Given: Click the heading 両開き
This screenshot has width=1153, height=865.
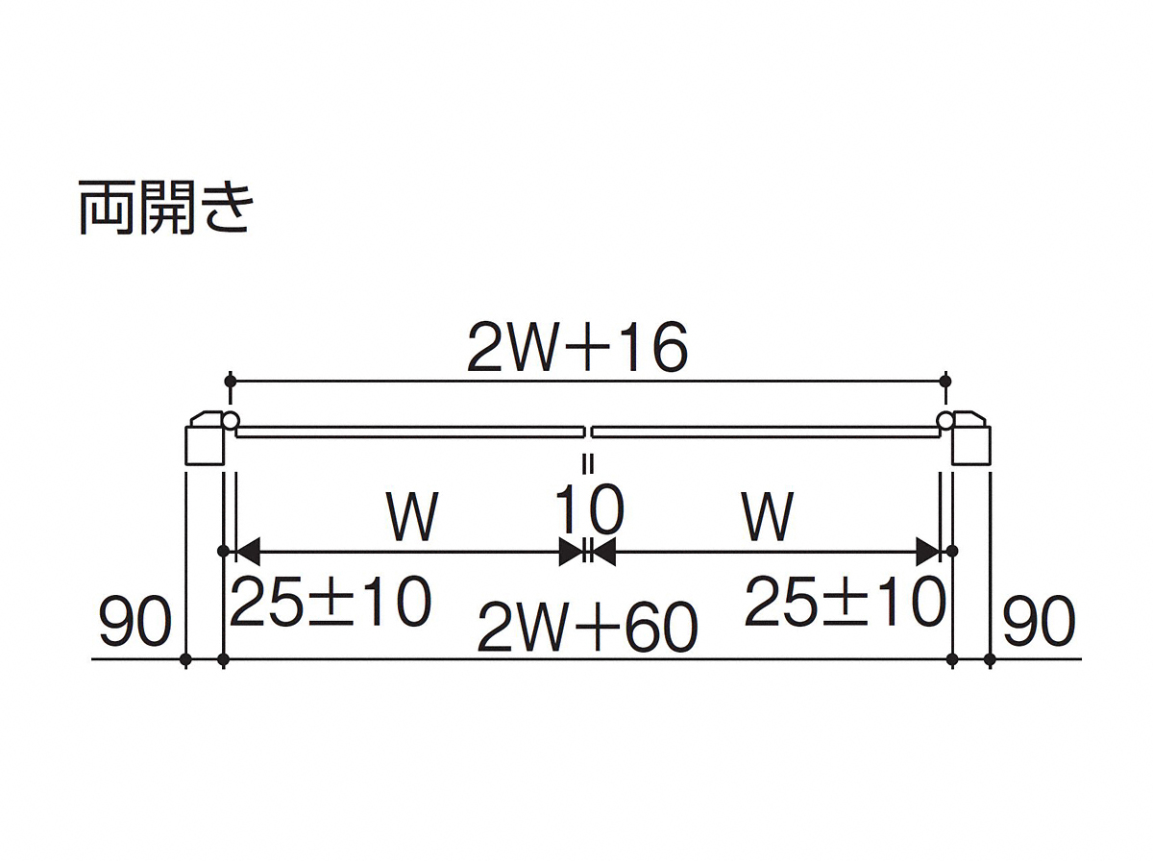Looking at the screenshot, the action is [x=165, y=208].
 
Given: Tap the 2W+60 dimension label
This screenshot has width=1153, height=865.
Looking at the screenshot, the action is [x=587, y=627].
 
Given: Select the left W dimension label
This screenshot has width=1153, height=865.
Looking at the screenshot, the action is [x=413, y=516].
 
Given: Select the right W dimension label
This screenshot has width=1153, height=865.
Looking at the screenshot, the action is [x=768, y=516].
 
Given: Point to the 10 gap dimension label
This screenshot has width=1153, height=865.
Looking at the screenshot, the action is [x=589, y=509].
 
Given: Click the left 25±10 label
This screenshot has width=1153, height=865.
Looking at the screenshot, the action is [x=331, y=602].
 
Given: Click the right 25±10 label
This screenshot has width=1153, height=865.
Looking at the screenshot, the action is [x=846, y=602].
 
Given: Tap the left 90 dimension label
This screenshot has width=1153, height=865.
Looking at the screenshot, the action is [x=136, y=621].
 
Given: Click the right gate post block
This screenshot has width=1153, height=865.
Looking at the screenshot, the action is [x=971, y=445].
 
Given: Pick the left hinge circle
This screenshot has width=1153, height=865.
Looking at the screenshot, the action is [x=232, y=421].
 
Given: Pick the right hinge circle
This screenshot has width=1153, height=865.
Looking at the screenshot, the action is [x=945, y=421].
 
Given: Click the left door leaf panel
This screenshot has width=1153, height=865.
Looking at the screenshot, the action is [x=410, y=432].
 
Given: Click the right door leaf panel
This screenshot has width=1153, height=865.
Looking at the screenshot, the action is [x=766, y=432].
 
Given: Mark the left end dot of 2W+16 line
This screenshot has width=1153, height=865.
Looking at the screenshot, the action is [x=230, y=381].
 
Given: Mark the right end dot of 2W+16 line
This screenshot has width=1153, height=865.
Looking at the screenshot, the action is [x=945, y=381].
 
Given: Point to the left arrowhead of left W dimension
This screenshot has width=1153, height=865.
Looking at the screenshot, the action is [x=248, y=552].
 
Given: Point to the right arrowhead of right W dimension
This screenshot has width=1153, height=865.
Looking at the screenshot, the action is [x=928, y=552].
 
